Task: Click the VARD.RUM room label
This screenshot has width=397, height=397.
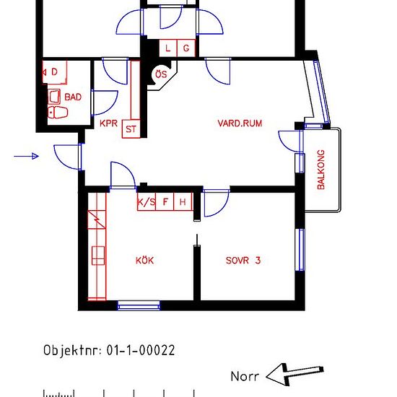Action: pos(240,123)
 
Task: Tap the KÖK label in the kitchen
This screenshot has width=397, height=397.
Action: pos(144,261)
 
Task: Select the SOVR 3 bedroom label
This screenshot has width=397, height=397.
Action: pos(243,261)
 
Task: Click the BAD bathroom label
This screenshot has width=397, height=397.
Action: pos(73,97)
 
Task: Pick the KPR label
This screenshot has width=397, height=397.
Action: pos(108,123)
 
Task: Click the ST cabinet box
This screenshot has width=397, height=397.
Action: pos(131,128)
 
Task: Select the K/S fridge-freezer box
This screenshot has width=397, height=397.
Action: pos(147,202)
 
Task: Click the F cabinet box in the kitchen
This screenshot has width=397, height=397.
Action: pos(165,202)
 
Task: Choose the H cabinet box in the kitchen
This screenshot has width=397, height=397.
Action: pos(183,202)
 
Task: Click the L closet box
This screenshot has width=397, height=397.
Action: pos(168,48)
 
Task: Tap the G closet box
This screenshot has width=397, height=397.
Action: pos(186,48)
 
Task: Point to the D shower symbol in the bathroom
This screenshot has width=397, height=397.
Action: pos(55,71)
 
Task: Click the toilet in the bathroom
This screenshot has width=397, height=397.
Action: pos(56,112)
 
